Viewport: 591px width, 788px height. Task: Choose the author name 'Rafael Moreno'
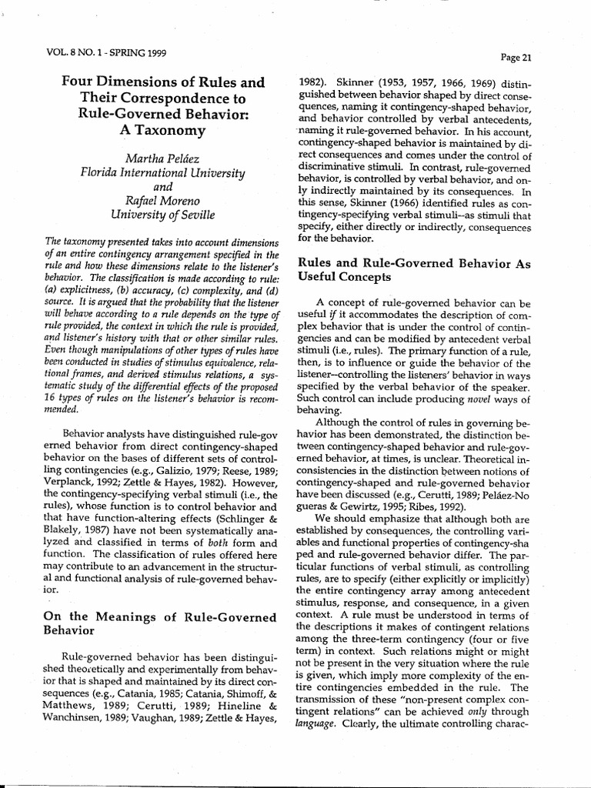[162, 203]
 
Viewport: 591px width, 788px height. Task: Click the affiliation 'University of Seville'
[162, 219]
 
